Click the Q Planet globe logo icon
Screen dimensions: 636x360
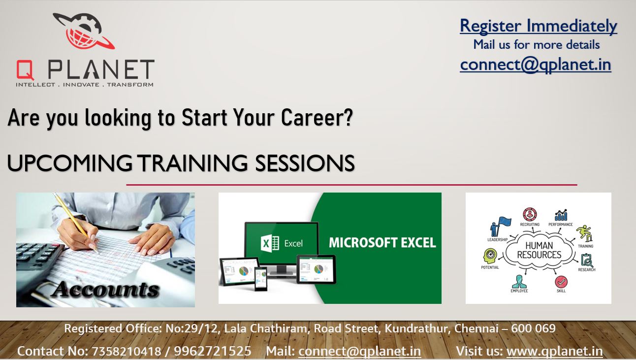pyautogui.click(x=84, y=31)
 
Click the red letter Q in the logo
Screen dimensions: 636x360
pyautogui.click(x=25, y=70)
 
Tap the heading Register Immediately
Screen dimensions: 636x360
pyautogui.click(x=539, y=26)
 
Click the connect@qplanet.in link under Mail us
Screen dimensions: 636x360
pyautogui.click(x=536, y=65)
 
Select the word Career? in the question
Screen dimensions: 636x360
pyautogui.click(x=317, y=117)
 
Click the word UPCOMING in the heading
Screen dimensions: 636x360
pyautogui.click(x=69, y=163)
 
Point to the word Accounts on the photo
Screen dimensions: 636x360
pyautogui.click(x=105, y=289)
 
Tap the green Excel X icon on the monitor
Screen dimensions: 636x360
pyautogui.click(x=270, y=243)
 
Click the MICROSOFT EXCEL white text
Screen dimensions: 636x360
pyautogui.click(x=382, y=243)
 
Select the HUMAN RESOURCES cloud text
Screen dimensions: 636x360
pyautogui.click(x=539, y=250)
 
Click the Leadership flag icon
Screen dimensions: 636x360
pyautogui.click(x=500, y=227)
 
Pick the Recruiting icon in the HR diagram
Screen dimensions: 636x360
pyautogui.click(x=530, y=214)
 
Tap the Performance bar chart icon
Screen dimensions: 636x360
pyautogui.click(x=561, y=215)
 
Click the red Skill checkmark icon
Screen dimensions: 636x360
pyautogui.click(x=561, y=282)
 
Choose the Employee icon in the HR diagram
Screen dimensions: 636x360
pyautogui.click(x=519, y=282)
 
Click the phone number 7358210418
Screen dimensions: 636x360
pyautogui.click(x=127, y=351)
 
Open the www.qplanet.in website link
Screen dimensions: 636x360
pyautogui.click(x=555, y=351)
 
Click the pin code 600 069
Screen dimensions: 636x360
pyautogui.click(x=533, y=328)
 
